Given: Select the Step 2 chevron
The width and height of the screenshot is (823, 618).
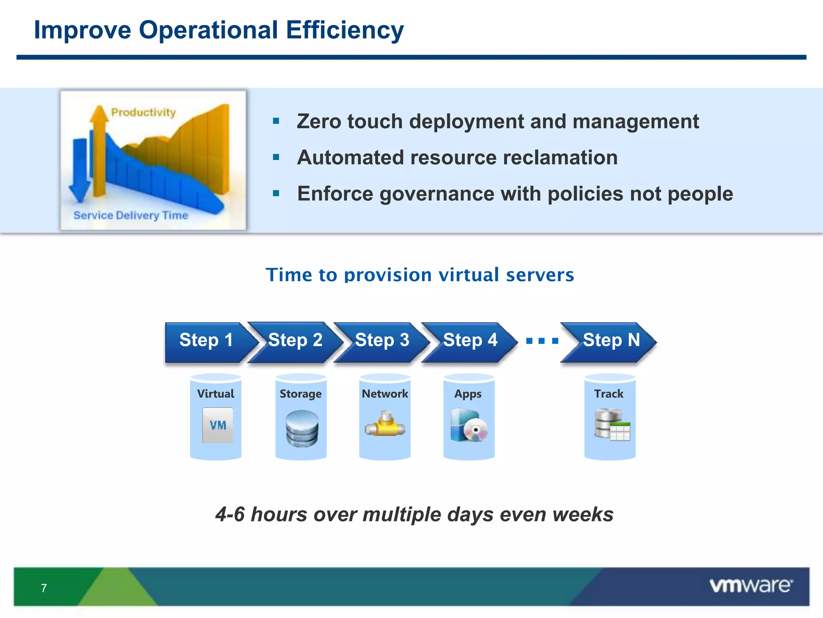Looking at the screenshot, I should pos(295,341).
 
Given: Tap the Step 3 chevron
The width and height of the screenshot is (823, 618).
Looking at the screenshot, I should pos(382,341).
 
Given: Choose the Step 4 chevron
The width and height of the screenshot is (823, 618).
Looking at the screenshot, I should pos(470,341).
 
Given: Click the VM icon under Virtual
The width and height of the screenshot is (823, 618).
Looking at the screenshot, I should pos(217,425).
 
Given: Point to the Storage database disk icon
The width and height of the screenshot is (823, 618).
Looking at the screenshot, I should pos(302,428).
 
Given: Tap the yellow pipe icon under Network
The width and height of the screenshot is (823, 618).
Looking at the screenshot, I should pos(385,424).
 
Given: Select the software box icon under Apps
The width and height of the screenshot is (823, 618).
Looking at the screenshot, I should pos(469,425).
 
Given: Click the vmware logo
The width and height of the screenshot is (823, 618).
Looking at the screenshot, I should pos(751,585).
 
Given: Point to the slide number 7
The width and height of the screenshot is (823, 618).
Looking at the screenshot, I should pos(44,588).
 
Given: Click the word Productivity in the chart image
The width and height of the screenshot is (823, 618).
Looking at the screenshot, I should pos(143,112).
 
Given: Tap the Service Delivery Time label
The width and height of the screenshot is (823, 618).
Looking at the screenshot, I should pos(131,215).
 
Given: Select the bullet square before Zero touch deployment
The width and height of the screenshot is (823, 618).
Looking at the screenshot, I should pos(276,121).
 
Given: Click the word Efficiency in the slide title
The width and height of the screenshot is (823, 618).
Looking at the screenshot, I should pos(345,30).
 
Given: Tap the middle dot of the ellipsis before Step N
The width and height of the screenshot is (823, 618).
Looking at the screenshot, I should pos(542,341).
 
